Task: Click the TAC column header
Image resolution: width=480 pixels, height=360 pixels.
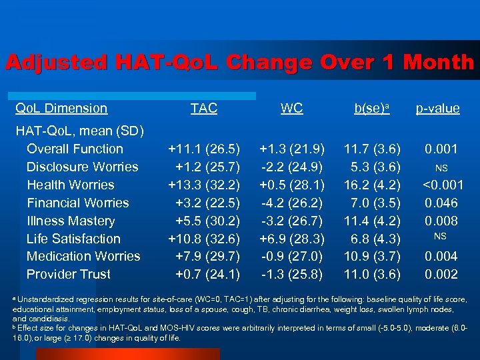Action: (x=203, y=109)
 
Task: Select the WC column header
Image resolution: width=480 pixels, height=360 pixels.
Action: (x=291, y=109)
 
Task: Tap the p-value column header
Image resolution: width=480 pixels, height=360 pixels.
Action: (x=437, y=109)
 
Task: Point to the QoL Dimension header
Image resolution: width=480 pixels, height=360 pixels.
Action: (x=61, y=108)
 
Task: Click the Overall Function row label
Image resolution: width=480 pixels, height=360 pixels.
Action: (x=75, y=149)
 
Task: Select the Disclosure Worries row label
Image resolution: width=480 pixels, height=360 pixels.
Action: (x=82, y=167)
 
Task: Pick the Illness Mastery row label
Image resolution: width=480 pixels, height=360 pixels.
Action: (x=71, y=221)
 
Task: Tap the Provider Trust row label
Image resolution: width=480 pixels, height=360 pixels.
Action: (x=69, y=274)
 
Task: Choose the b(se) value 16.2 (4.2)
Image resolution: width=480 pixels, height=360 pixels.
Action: (x=371, y=185)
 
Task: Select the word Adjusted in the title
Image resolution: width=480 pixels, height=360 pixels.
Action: (x=56, y=63)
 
